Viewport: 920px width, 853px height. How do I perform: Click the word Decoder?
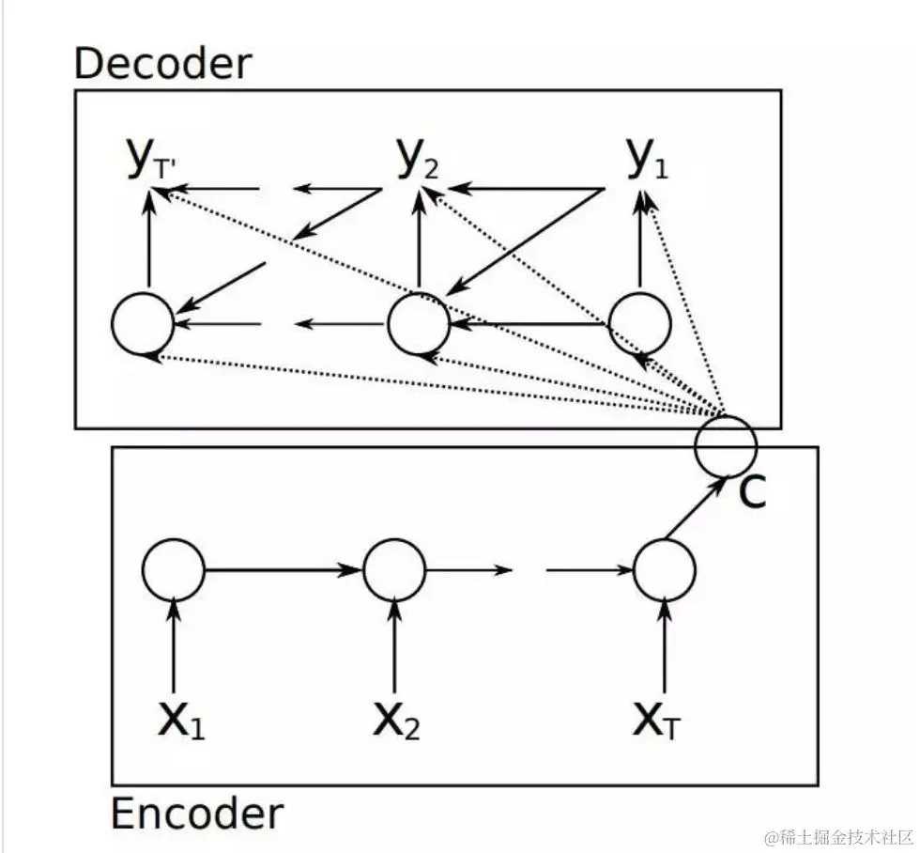162,63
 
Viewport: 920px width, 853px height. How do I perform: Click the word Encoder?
196,814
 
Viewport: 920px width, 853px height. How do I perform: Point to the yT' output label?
150,162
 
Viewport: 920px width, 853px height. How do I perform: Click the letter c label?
752,491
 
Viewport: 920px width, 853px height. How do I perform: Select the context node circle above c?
725,445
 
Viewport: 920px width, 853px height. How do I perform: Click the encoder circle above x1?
174,570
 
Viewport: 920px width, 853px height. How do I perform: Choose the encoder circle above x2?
394,570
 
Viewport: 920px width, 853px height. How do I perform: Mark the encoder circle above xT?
665,570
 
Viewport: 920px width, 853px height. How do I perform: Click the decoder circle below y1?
639,324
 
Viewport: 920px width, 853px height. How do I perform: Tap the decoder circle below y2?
419,324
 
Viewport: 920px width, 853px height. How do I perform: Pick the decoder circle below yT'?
143,324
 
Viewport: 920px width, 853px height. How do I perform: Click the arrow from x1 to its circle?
174,648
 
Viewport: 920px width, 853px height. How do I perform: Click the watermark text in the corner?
838,836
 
